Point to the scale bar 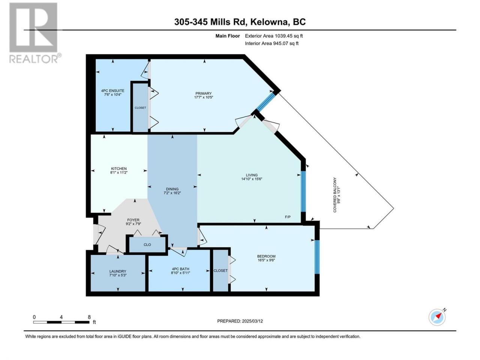click(x=61, y=322)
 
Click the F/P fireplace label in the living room click(x=288, y=217)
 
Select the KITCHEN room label click(x=119, y=168)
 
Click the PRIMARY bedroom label click(x=203, y=93)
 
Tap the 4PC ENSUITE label click(x=112, y=91)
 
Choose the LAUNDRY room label click(x=118, y=271)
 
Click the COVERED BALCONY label click(x=334, y=195)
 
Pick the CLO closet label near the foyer click(x=147, y=244)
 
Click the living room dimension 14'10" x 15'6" click(x=252, y=179)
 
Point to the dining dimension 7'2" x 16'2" click(x=172, y=193)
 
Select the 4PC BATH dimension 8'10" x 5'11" click(x=180, y=273)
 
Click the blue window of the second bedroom click(x=317, y=257)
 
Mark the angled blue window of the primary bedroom click(x=266, y=102)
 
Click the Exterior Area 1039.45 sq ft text click(x=274, y=36)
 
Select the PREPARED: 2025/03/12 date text click(x=240, y=321)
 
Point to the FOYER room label click(x=133, y=220)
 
